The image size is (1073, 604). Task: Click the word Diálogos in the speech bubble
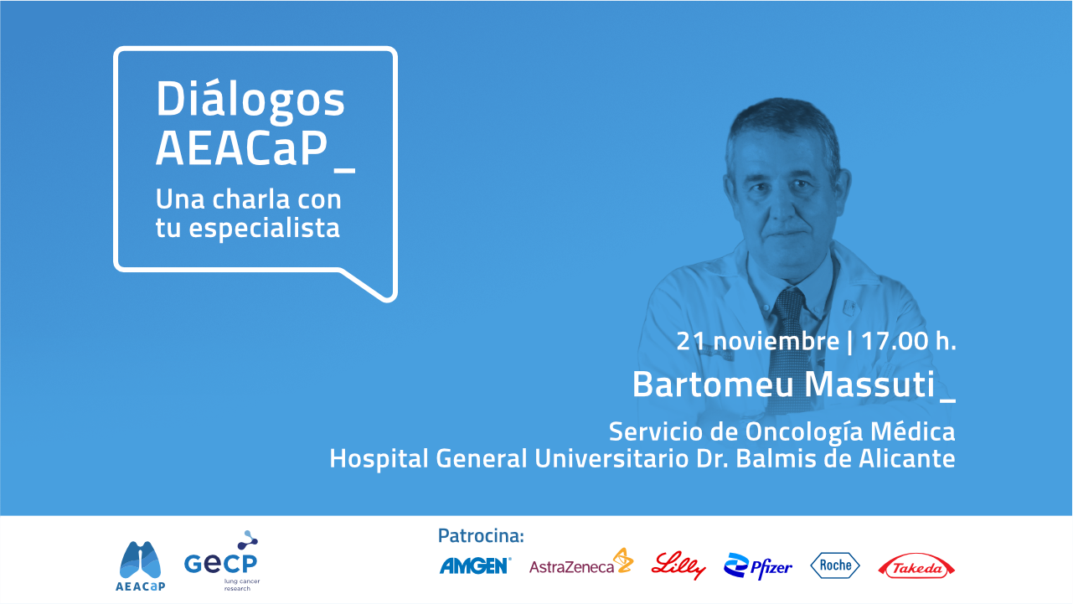pos(250,99)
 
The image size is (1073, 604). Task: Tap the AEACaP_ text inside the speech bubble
pos(255,149)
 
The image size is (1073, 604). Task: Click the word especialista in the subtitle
pos(265,227)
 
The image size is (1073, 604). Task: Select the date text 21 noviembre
pos(758,341)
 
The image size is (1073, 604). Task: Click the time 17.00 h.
pos(908,341)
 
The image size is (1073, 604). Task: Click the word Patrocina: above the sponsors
pos(481,536)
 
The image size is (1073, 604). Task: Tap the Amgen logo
pos(475,566)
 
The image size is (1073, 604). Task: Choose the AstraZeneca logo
pos(581,562)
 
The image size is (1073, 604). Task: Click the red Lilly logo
pos(678,565)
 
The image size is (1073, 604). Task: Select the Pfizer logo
pos(758,566)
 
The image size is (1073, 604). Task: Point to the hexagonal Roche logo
pos(835,565)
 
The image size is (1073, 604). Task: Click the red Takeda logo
pos(916,566)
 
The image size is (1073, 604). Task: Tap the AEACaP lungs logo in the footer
pos(141,566)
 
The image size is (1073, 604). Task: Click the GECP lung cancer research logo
pos(222,561)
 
